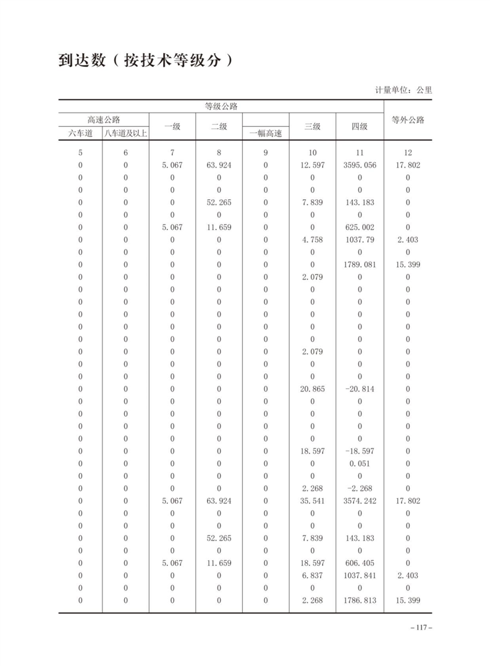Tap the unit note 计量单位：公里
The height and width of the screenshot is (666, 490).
click(403, 90)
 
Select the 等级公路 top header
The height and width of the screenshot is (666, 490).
click(221, 106)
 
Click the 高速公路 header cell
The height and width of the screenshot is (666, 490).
click(103, 119)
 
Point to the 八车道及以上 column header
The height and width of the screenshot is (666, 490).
click(125, 133)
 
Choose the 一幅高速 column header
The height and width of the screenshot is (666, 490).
click(266, 133)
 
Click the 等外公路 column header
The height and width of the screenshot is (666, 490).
click(408, 120)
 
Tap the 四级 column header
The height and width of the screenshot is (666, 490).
click(359, 126)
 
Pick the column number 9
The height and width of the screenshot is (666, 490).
click(266, 153)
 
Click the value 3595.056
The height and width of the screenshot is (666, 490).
click(359, 165)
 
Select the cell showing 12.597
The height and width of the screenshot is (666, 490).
click(312, 165)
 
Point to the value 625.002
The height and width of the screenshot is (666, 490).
click(359, 228)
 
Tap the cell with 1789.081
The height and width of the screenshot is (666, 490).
click(359, 265)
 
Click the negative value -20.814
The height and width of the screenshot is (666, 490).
click(359, 389)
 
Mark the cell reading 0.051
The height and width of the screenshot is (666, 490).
click(359, 464)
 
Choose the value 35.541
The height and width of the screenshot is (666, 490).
click(312, 501)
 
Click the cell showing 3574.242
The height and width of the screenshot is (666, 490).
click(359, 501)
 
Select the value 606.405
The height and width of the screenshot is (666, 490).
click(359, 563)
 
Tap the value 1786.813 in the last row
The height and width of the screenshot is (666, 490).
click(359, 600)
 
